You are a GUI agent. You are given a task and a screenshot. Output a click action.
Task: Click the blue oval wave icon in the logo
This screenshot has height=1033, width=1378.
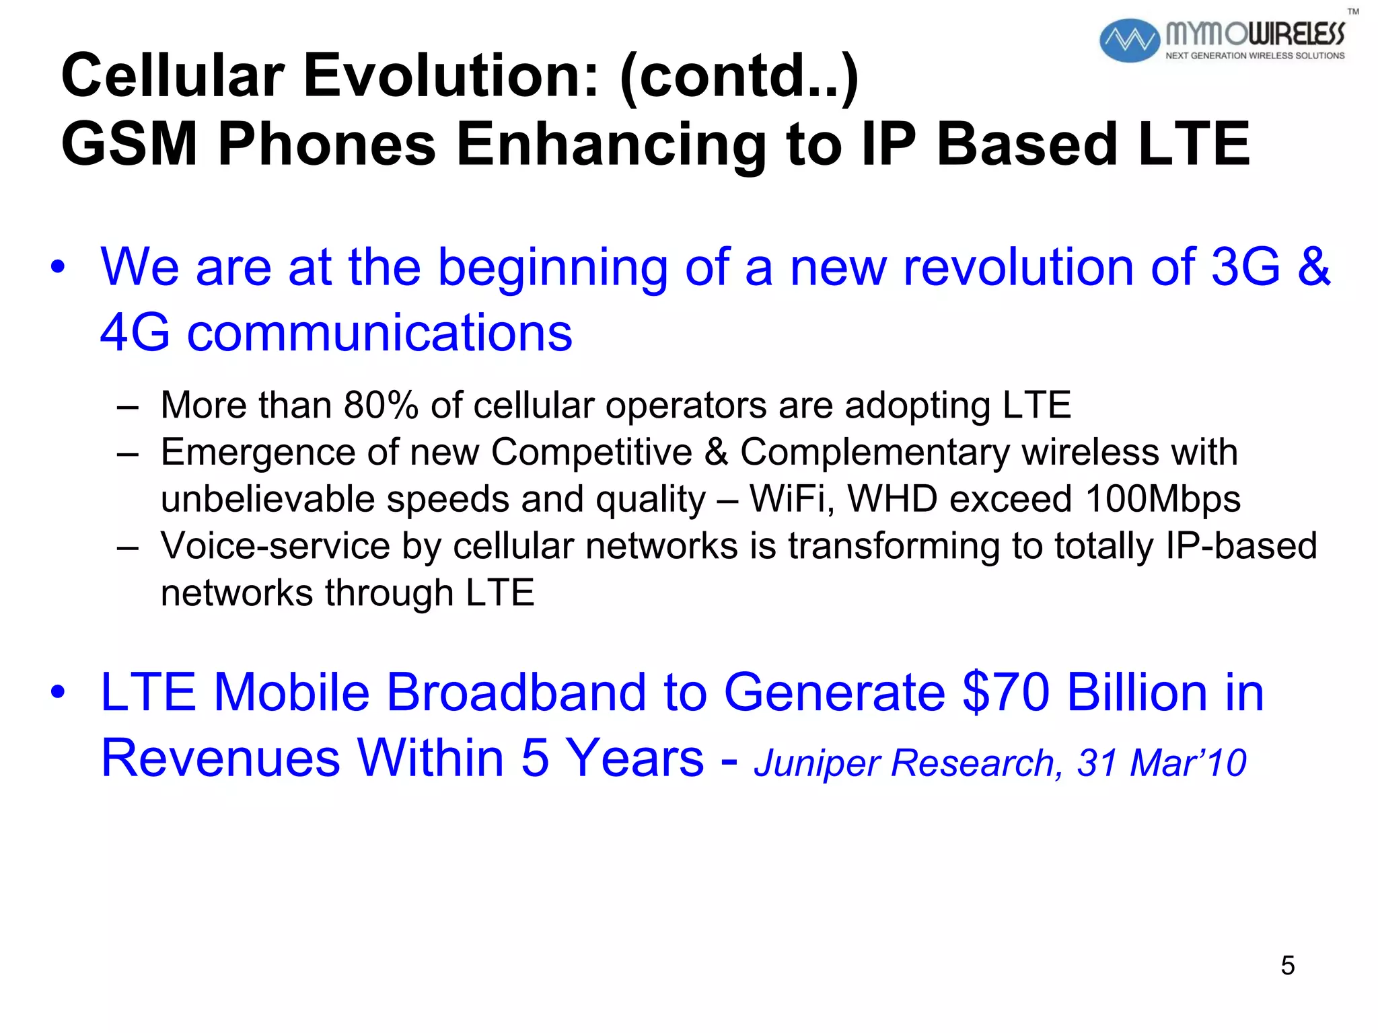(x=1129, y=40)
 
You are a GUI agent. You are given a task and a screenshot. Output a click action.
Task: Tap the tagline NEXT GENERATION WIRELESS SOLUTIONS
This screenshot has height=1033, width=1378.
(x=1255, y=56)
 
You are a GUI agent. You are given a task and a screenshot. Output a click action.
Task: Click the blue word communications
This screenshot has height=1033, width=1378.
(x=379, y=333)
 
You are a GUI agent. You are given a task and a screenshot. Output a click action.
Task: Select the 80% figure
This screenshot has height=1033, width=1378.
(x=381, y=406)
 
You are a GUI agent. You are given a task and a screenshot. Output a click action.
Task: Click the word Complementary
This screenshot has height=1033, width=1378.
(x=875, y=452)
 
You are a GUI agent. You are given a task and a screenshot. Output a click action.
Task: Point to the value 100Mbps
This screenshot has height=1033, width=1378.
(x=1163, y=499)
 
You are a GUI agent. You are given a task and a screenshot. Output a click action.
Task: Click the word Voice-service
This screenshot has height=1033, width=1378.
(x=275, y=545)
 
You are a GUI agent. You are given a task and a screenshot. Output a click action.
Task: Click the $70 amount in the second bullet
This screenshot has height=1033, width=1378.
(x=1006, y=692)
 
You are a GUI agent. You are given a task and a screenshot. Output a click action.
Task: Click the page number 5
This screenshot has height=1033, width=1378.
(x=1288, y=966)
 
